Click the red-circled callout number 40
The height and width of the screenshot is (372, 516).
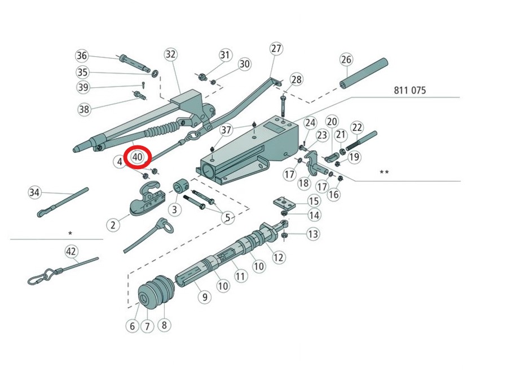pos(137,157)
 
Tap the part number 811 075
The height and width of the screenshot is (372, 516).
pos(410,90)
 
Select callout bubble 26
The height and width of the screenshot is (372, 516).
pos(346,60)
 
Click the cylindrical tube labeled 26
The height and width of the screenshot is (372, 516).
pos(364,73)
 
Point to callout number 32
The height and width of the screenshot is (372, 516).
pos(170,54)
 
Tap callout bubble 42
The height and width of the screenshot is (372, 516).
pos(70,251)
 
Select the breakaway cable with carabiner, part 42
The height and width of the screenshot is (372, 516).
pos(63,271)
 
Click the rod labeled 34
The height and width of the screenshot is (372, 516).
pos(63,202)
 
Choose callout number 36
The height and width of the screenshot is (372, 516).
pos(82,56)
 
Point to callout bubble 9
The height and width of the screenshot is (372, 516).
pos(205,297)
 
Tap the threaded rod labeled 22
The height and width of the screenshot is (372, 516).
pos(361,141)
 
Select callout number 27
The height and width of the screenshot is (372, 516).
pos(276,48)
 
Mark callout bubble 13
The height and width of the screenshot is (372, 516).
pos(312,234)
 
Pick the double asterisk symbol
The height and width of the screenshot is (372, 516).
pos(384,172)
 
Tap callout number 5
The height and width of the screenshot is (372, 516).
pos(228,218)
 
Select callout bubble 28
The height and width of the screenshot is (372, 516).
pos(296,79)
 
